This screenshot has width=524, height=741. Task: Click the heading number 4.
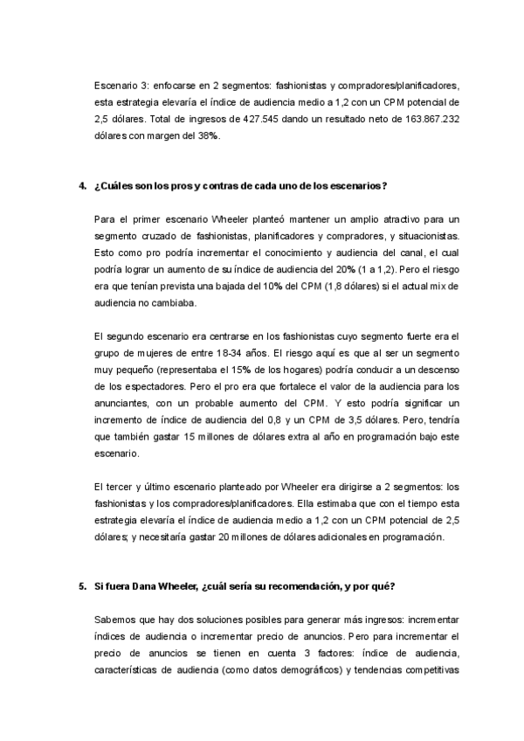click(82, 186)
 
